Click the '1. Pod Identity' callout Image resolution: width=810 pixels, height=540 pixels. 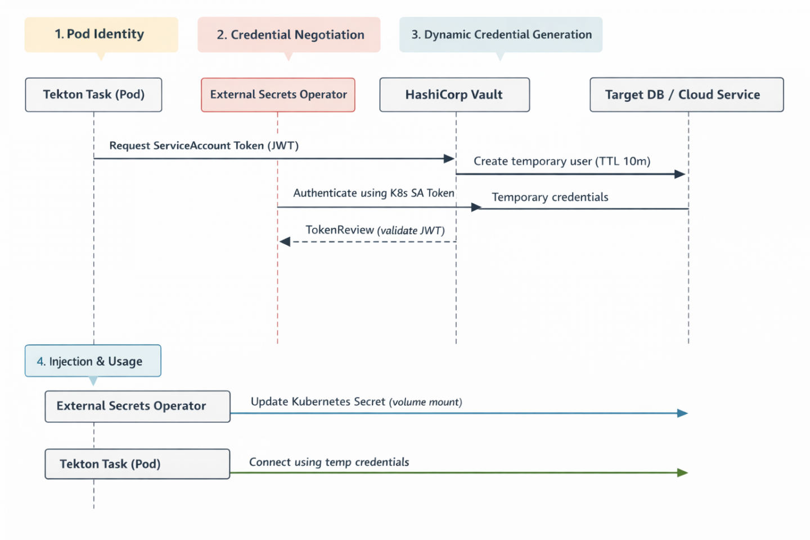101,35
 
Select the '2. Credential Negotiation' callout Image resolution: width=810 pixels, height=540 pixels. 289,35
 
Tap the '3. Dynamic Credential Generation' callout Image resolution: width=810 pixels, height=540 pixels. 501,35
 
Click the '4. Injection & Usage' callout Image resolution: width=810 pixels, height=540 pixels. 93,361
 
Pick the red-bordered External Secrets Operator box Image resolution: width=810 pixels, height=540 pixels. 278,94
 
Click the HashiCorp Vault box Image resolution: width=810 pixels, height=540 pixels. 454,94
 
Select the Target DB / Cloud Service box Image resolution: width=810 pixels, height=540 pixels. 686,94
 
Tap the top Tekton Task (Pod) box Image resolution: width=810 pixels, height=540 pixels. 93,94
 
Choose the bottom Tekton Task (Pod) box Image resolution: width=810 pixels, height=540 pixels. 137,464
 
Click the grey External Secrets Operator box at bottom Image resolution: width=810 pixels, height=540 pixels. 137,406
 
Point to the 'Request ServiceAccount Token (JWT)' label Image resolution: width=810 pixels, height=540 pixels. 204,146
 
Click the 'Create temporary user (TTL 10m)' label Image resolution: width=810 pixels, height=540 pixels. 561,161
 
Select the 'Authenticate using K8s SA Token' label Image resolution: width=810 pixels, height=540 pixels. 373,193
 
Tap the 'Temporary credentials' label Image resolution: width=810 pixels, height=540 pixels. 550,197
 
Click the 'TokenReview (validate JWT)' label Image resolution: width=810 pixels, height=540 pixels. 375,230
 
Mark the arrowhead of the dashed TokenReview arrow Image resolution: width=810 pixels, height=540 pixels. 285,242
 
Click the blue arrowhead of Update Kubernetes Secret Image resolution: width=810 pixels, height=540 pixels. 682,413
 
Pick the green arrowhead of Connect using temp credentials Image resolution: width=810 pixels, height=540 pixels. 682,472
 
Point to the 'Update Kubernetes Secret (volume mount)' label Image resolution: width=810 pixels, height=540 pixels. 356,402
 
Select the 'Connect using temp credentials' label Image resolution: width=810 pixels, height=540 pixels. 329,462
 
